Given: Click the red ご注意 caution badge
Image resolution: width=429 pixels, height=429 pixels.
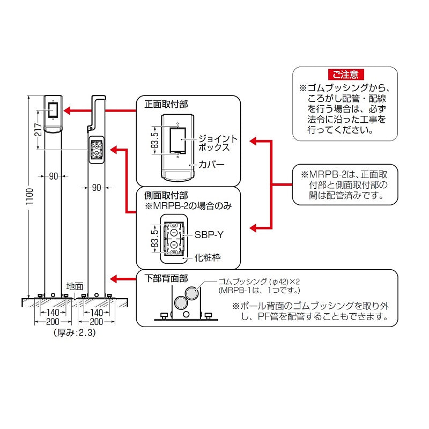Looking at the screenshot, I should [345, 75].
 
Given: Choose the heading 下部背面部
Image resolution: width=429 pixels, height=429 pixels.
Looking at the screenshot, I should [167, 278].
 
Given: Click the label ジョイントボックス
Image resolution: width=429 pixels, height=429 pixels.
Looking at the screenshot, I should [217, 142].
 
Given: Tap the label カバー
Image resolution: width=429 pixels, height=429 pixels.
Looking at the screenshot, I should [211, 164].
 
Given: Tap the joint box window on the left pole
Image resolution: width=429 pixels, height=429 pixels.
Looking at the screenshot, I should [53, 110].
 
